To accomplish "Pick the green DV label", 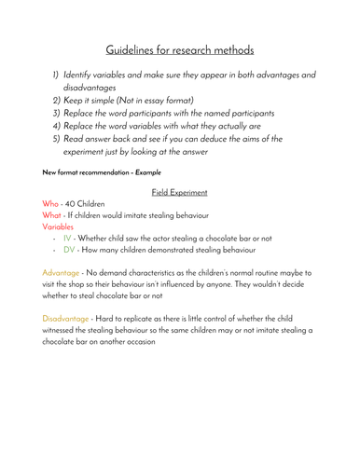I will (x=71, y=250).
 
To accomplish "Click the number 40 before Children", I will (x=78, y=204).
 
